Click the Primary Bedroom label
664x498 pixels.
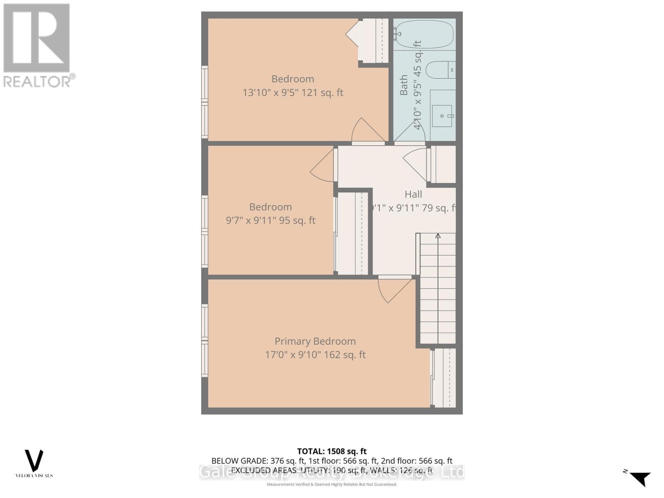(315, 341)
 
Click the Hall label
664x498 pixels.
(413, 194)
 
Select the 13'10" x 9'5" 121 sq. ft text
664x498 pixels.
(293, 93)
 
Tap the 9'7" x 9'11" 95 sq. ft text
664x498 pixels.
(271, 220)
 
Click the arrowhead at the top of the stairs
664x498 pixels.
(438, 236)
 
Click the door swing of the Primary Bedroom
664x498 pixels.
(394, 290)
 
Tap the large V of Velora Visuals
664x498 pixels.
(34, 460)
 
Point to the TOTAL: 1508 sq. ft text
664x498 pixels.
(332, 451)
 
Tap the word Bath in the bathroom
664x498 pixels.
(404, 85)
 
